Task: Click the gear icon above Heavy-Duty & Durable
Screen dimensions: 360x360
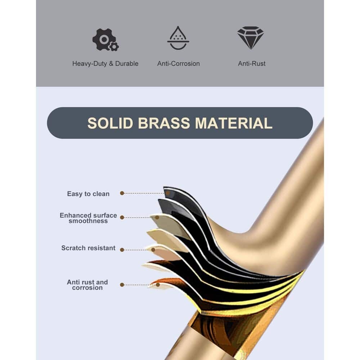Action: tap(105, 39)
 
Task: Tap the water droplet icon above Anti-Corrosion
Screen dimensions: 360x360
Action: tap(178, 38)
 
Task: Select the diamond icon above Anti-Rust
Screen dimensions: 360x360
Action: tap(251, 37)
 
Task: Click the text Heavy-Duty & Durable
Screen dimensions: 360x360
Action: tap(105, 64)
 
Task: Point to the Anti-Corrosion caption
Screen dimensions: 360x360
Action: tap(178, 64)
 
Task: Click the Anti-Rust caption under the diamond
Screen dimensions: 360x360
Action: tap(252, 64)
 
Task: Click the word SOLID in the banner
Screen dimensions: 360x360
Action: tap(111, 123)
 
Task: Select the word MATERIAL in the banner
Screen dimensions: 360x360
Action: tap(234, 123)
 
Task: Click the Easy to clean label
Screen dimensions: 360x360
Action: tap(88, 194)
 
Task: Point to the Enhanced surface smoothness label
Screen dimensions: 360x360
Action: tap(88, 218)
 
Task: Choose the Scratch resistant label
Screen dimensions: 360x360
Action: tap(88, 248)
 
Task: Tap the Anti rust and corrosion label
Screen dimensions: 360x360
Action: tap(87, 285)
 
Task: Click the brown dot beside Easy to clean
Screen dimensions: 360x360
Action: tap(122, 193)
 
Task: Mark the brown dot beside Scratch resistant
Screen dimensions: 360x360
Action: tap(122, 249)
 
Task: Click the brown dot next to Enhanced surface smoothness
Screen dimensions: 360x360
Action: tap(122, 217)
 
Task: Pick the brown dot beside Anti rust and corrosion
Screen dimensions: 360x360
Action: tap(122, 285)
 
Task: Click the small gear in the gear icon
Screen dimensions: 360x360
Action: tap(114, 46)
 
